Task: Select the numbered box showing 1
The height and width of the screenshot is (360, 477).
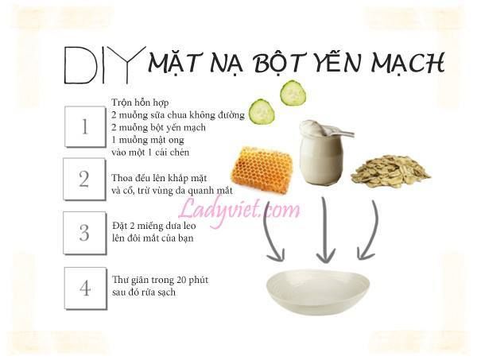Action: (84, 127)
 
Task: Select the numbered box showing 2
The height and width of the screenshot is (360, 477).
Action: (84, 180)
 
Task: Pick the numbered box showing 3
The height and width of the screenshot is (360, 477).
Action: (84, 233)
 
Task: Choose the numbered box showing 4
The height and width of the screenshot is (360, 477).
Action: (84, 287)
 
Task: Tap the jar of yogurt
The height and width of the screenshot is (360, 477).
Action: (322, 152)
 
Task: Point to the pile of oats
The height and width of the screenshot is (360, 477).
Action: (390, 168)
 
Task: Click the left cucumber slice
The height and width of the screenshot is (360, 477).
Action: (262, 111)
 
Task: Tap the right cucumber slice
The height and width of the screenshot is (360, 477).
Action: (293, 93)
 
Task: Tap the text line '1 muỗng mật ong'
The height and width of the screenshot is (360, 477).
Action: (148, 139)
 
